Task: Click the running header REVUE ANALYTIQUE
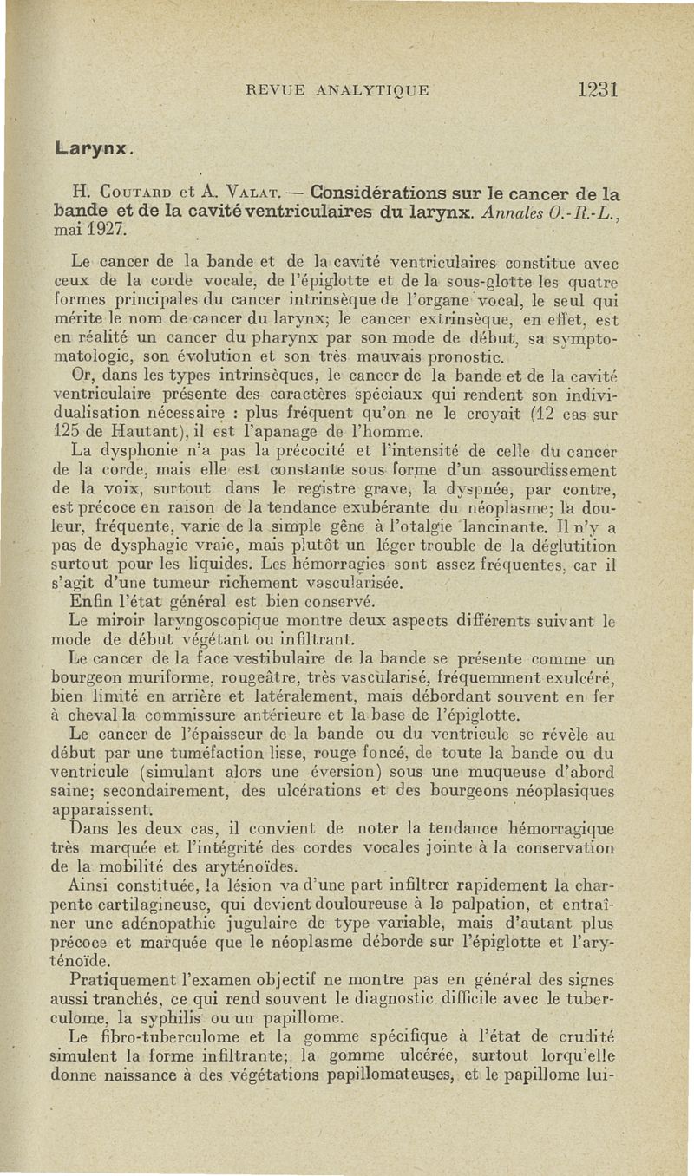tap(338, 90)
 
